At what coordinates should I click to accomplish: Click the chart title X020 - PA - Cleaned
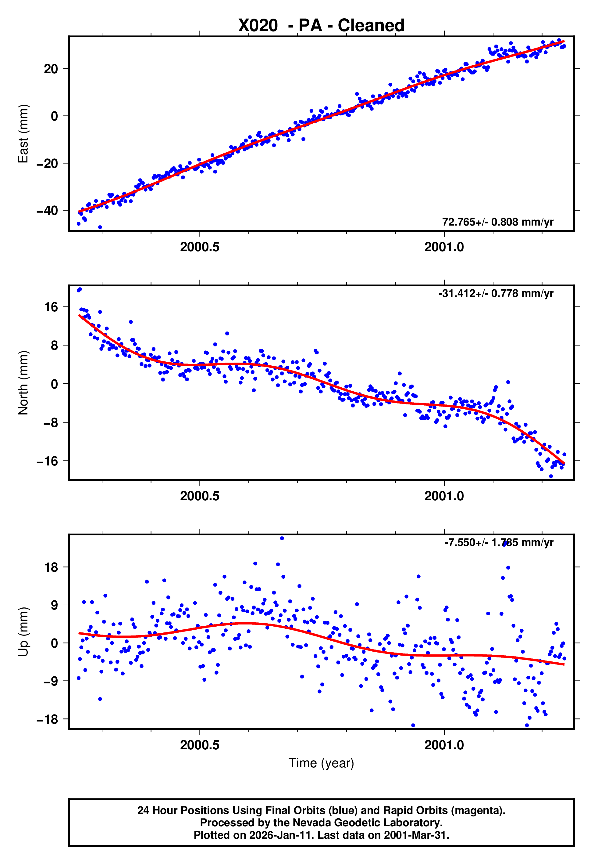pyautogui.click(x=321, y=26)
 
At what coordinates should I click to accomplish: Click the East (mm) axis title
pyautogui.click(x=23, y=134)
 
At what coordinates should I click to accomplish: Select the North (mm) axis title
pyautogui.click(x=23, y=383)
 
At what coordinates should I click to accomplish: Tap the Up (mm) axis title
pyautogui.click(x=23, y=632)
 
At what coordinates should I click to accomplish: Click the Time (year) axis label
pyautogui.click(x=321, y=763)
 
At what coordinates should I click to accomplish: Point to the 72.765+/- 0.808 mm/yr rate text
pyautogui.click(x=498, y=222)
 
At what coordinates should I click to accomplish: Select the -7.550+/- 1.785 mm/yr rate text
pyautogui.click(x=499, y=542)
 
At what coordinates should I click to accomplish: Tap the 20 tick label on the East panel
pyautogui.click(x=51, y=69)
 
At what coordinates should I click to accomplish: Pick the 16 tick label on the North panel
pyautogui.click(x=51, y=307)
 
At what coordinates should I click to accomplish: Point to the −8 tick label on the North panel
pyautogui.click(x=51, y=422)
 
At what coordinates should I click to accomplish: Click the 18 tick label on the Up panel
pyautogui.click(x=51, y=567)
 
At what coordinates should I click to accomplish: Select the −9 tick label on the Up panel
pyautogui.click(x=51, y=681)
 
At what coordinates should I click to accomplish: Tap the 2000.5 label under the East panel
pyautogui.click(x=200, y=247)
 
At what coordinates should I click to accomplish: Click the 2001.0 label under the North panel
pyautogui.click(x=444, y=496)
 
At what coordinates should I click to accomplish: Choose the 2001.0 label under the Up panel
pyautogui.click(x=444, y=745)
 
